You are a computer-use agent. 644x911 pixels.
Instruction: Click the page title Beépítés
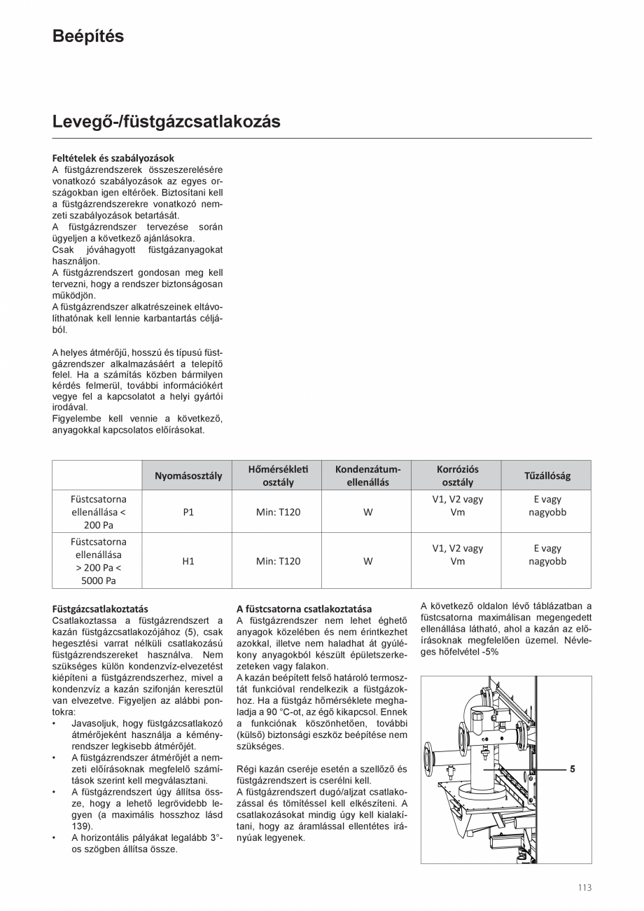pyautogui.click(x=88, y=37)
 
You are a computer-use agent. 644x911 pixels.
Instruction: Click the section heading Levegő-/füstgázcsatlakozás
pyautogui.click(x=166, y=122)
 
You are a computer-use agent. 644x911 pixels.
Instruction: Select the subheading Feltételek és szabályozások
pyautogui.click(x=113, y=158)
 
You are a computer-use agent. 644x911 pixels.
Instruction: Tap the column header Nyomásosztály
pyautogui.click(x=188, y=475)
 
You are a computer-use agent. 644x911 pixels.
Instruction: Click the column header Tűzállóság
pyautogui.click(x=547, y=475)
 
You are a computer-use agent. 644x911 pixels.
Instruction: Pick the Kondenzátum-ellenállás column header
pyautogui.click(x=367, y=475)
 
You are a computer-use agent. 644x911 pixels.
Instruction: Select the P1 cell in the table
pyautogui.click(x=188, y=512)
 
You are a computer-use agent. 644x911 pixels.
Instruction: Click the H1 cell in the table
pyautogui.click(x=188, y=561)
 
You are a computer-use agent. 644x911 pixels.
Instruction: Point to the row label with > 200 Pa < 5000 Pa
pyautogui.click(x=97, y=567)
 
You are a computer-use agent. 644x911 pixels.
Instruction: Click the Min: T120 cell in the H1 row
pyautogui.click(x=278, y=561)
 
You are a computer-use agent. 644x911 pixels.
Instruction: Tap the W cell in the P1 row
pyautogui.click(x=367, y=512)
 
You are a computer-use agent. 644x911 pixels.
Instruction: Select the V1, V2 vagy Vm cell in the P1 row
pyautogui.click(x=457, y=506)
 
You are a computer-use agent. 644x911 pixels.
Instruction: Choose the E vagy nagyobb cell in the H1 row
pyautogui.click(x=547, y=555)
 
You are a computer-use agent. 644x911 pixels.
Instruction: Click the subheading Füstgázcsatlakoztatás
pyautogui.click(x=100, y=609)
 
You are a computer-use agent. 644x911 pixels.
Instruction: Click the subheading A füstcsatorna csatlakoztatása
pyautogui.click(x=304, y=609)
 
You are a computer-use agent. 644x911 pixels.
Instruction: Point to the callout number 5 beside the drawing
pyautogui.click(x=572, y=769)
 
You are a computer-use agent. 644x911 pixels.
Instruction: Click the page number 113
pyautogui.click(x=584, y=887)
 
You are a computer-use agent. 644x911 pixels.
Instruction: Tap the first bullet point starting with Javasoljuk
pyautogui.click(x=146, y=723)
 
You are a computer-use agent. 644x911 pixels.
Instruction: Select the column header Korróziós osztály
pyautogui.click(x=457, y=475)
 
